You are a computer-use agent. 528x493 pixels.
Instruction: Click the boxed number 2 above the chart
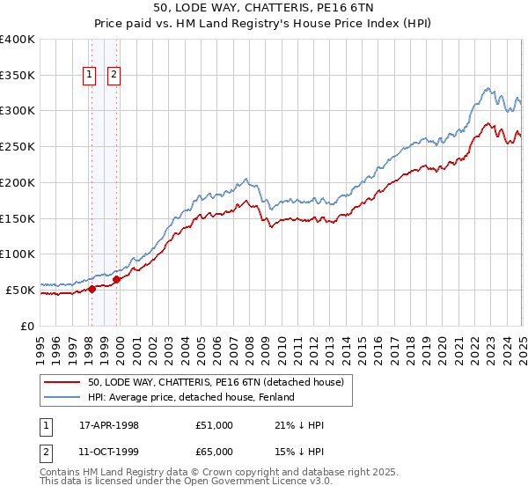point(114,76)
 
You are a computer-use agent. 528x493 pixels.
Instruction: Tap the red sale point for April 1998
point(92,289)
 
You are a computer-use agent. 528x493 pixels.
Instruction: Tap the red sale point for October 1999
point(116,279)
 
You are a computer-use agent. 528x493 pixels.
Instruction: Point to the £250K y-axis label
point(18,147)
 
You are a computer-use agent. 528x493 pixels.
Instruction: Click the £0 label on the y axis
point(28,326)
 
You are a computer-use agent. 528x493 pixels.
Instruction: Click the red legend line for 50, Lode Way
point(62,382)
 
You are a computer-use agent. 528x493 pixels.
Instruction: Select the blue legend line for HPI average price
point(62,397)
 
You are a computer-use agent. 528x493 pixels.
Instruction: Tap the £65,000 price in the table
point(215,452)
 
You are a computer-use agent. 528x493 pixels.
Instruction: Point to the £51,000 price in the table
point(215,425)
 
